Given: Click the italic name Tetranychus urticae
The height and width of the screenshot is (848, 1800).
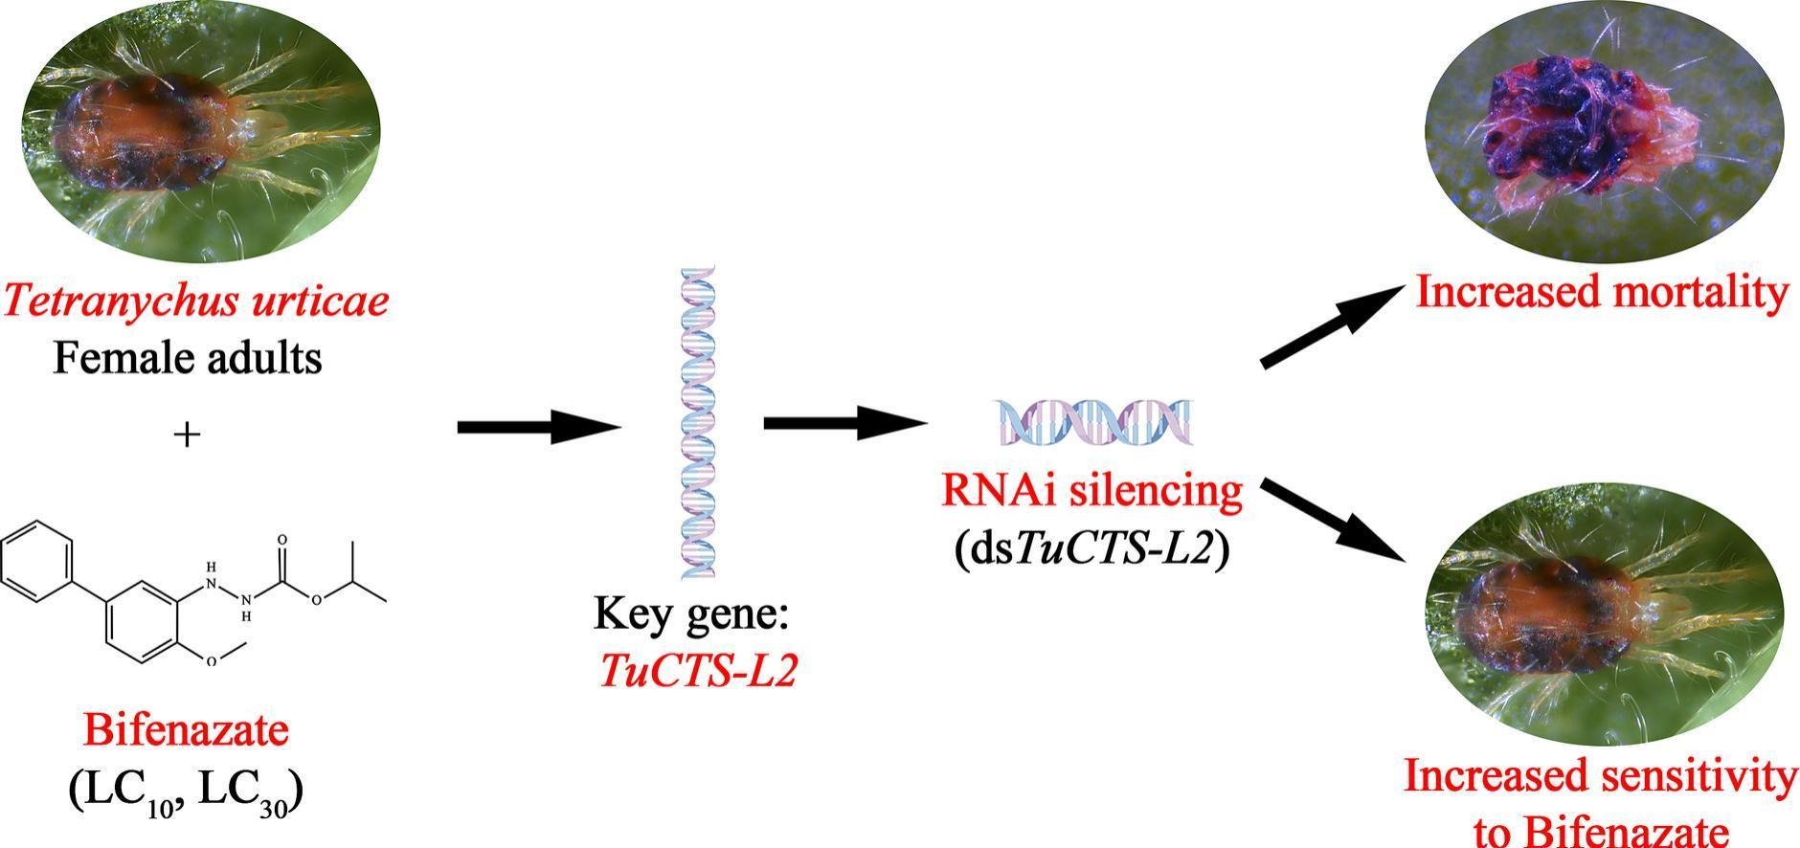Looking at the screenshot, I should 196,301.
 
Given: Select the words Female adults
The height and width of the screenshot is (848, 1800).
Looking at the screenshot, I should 188,359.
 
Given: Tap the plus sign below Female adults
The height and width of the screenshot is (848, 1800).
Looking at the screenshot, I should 188,435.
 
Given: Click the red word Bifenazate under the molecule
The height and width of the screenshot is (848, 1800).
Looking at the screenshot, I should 186,731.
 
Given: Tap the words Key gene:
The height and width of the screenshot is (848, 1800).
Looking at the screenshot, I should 690,614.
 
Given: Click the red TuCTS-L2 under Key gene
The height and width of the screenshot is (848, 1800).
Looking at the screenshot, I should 698,672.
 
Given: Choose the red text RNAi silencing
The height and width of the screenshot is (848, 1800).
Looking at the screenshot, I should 1092,491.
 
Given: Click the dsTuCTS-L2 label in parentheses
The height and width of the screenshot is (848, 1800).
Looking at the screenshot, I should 1091,551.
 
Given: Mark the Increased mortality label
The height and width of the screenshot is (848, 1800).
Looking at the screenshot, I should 1602,293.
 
